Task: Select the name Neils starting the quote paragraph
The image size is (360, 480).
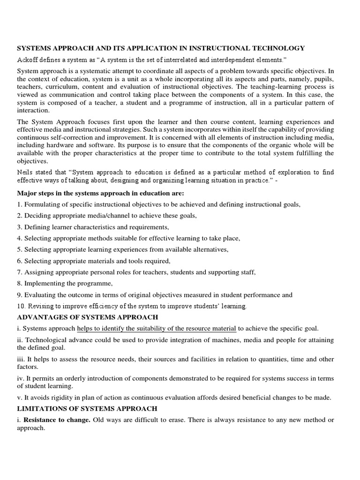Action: [x=26, y=172]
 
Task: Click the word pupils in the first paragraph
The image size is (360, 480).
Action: [x=323, y=79]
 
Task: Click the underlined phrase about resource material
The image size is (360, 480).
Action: [x=157, y=329]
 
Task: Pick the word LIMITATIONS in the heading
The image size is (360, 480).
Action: [x=41, y=409]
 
